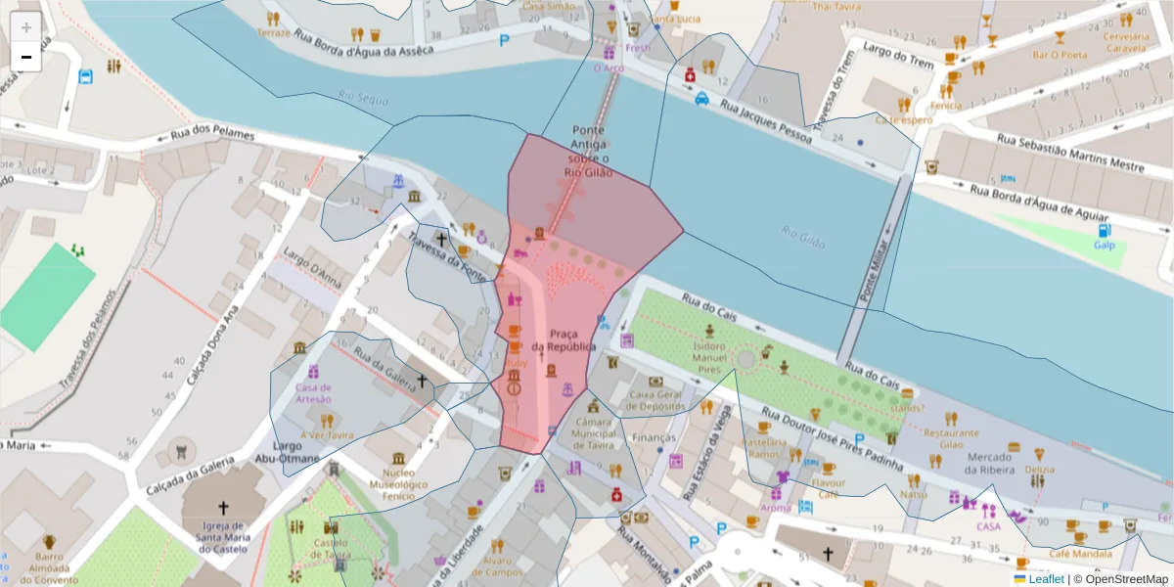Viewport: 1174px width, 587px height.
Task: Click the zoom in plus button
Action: point(26,27)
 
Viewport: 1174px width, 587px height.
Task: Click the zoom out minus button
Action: point(26,57)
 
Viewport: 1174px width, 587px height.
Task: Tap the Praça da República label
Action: point(564,340)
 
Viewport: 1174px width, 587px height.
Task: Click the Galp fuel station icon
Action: point(1105,232)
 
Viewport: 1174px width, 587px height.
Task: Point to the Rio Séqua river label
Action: point(363,99)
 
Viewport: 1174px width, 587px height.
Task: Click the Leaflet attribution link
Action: point(1045,579)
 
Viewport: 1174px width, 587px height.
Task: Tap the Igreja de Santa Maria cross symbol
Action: point(223,508)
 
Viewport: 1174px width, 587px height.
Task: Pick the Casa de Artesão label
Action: point(313,392)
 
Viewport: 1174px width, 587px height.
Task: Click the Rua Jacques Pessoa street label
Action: point(767,121)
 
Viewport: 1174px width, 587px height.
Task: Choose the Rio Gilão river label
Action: point(803,237)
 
